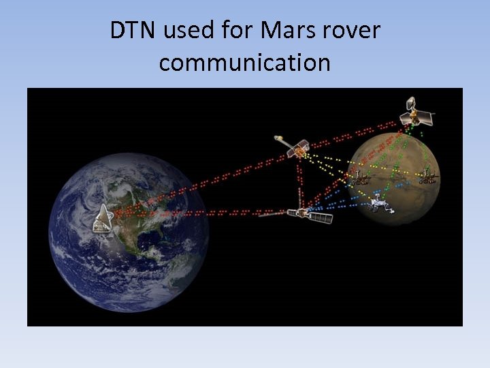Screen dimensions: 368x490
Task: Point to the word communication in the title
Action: click(x=245, y=63)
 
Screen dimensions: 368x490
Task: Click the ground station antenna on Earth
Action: click(x=103, y=217)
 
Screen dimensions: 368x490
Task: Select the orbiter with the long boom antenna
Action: click(x=297, y=147)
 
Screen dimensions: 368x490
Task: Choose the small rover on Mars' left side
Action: click(x=361, y=179)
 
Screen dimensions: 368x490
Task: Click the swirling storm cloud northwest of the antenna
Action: click(x=85, y=191)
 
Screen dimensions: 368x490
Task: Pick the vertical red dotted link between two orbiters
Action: click(x=299, y=181)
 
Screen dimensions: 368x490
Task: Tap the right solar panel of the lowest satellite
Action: click(x=321, y=218)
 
